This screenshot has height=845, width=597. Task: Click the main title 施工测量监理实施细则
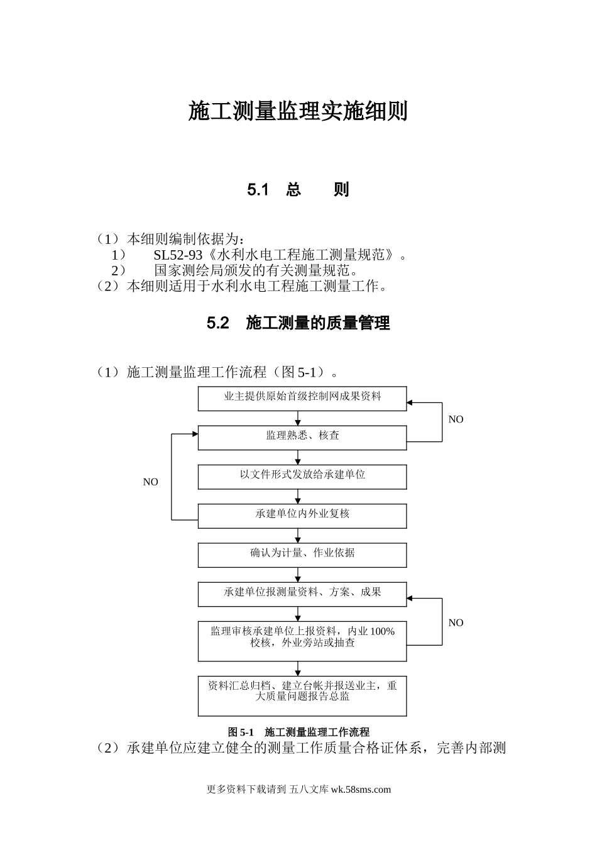point(298,111)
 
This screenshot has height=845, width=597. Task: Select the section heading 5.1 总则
point(298,189)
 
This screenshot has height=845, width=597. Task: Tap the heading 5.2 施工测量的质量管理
point(298,323)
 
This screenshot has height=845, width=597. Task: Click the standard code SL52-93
point(178,255)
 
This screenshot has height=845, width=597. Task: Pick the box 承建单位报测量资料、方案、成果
point(302,594)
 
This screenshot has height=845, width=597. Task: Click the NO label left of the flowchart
point(151,482)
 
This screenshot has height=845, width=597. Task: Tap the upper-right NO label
point(456,419)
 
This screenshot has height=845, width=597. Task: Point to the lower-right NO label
point(456,622)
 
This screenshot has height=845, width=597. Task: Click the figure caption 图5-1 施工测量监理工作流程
point(298,732)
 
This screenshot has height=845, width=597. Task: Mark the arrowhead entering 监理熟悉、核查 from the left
point(195,433)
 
